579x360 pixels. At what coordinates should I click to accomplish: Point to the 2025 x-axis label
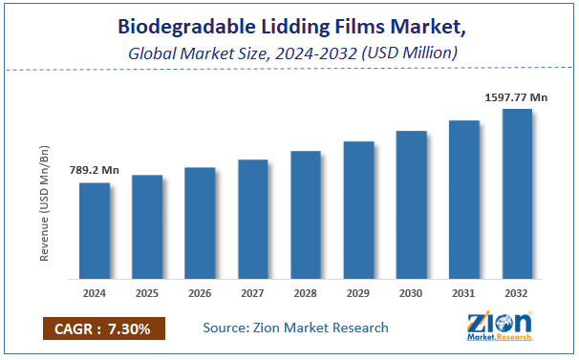pos(147,293)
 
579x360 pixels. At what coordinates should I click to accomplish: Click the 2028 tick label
pos(306,293)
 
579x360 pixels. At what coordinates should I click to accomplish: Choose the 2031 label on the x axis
pos(464,293)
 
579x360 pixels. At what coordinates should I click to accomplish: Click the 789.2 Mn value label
pos(95,170)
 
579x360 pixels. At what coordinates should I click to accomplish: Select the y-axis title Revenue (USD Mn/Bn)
pos(45,202)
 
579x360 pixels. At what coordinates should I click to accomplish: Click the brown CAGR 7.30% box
pos(104,328)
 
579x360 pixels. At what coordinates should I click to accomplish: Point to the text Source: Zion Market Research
pos(296,328)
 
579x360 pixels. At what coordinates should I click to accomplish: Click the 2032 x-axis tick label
pos(517,293)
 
